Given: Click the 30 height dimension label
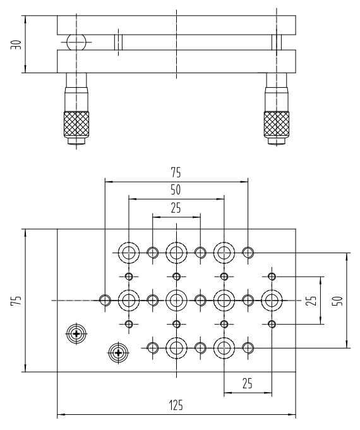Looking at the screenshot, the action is [16, 45].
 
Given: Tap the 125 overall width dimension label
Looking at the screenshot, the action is [176, 405].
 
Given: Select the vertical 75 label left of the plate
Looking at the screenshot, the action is [16, 301].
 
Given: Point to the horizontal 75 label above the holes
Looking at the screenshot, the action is [176, 173].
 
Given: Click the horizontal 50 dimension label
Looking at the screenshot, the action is [176, 190].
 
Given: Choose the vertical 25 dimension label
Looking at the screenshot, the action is [311, 301].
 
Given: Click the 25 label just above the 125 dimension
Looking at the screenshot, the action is [248, 383].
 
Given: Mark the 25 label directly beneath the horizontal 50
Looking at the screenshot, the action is [176, 208].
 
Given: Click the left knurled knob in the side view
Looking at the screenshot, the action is [76, 124].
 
